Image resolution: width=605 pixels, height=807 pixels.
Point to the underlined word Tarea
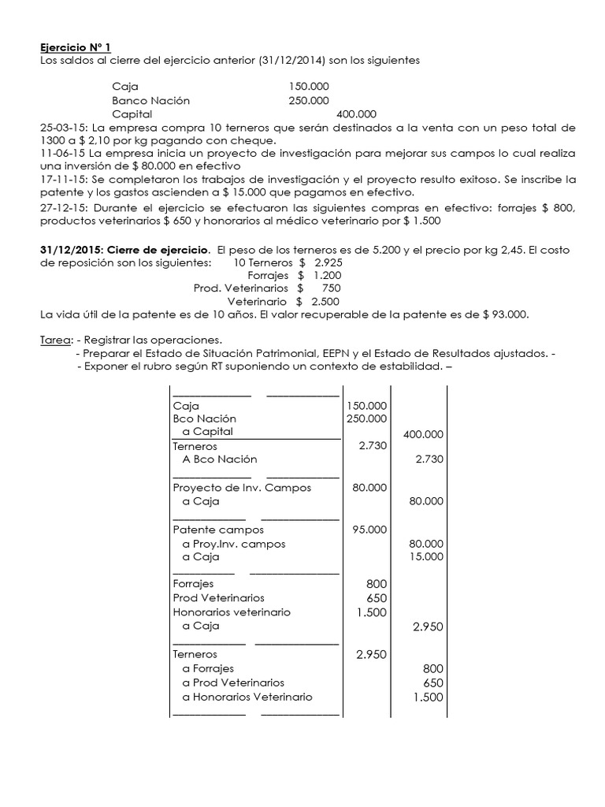(56, 340)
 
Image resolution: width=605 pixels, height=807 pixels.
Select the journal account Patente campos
(208, 530)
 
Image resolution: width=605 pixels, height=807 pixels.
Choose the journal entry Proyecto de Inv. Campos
(242, 488)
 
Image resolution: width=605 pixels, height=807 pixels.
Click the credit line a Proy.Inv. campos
(233, 544)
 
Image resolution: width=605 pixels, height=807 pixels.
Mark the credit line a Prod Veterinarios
(233, 682)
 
